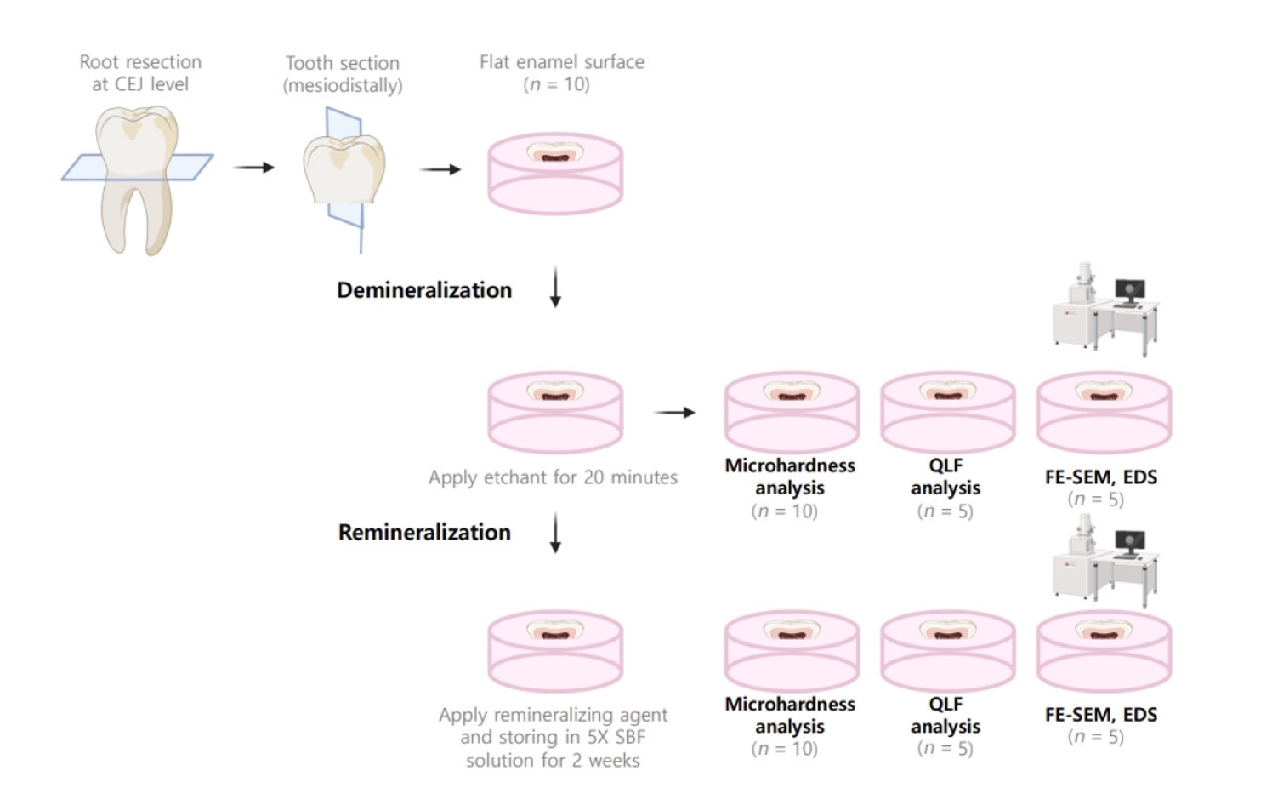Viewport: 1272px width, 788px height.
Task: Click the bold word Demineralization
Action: [x=424, y=290]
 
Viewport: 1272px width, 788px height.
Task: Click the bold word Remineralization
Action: [x=424, y=533]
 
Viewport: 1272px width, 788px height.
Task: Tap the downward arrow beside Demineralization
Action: [x=555, y=288]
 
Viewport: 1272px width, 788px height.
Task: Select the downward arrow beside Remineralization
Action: [x=555, y=533]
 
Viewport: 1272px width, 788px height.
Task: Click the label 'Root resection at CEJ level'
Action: [x=140, y=73]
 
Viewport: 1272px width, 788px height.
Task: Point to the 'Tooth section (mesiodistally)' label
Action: [x=343, y=74]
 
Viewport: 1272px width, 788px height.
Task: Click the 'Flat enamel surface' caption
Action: [x=561, y=62]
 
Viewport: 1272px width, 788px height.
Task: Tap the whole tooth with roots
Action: [x=136, y=179]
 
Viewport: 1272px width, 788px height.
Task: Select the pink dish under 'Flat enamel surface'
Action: [x=555, y=174]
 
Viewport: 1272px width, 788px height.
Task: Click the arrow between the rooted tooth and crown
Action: [x=254, y=168]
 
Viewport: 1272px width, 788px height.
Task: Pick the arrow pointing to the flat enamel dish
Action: [x=440, y=169]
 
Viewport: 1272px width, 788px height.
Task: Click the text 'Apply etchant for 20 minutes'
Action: [x=553, y=477]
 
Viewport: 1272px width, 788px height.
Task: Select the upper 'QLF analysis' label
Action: [x=945, y=477]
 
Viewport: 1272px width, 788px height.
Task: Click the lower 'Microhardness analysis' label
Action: [x=790, y=716]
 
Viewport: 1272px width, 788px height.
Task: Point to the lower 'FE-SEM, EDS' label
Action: [x=1101, y=715]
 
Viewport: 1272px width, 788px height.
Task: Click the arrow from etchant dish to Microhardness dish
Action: [x=675, y=413]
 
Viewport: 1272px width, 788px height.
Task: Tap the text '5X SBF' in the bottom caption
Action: [x=616, y=737]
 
